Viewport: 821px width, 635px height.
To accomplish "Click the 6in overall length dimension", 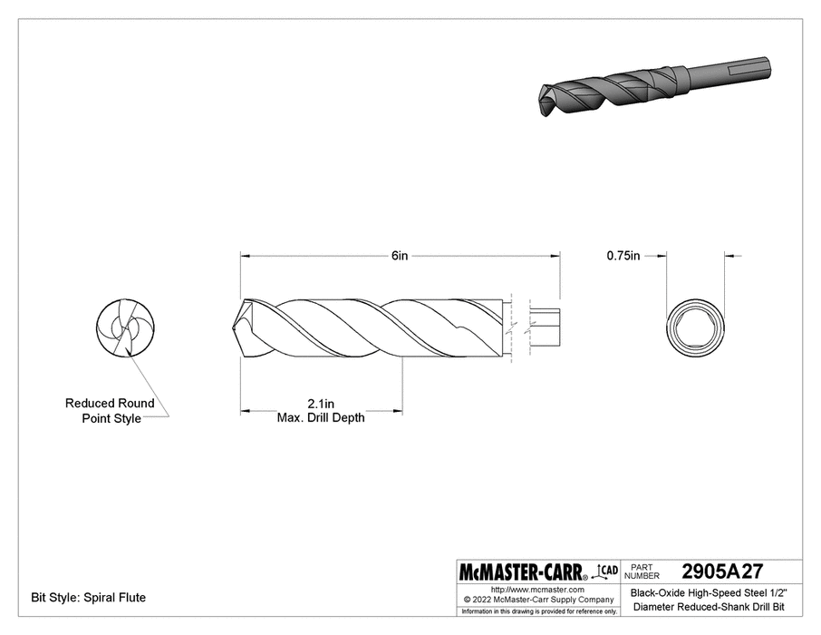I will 400,257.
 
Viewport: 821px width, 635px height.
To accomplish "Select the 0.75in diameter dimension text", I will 623,257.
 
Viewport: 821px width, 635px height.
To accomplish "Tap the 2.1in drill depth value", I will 321,404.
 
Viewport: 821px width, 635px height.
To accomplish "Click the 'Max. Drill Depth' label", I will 321,417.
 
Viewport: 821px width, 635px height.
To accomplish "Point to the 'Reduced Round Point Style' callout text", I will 110,411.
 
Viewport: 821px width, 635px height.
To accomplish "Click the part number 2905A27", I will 721,571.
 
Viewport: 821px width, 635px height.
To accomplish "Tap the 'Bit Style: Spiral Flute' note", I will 89,598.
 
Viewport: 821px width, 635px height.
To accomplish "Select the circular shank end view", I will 698,327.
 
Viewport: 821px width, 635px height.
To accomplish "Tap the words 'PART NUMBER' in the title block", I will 647,571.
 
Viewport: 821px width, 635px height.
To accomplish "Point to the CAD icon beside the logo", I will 608,571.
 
